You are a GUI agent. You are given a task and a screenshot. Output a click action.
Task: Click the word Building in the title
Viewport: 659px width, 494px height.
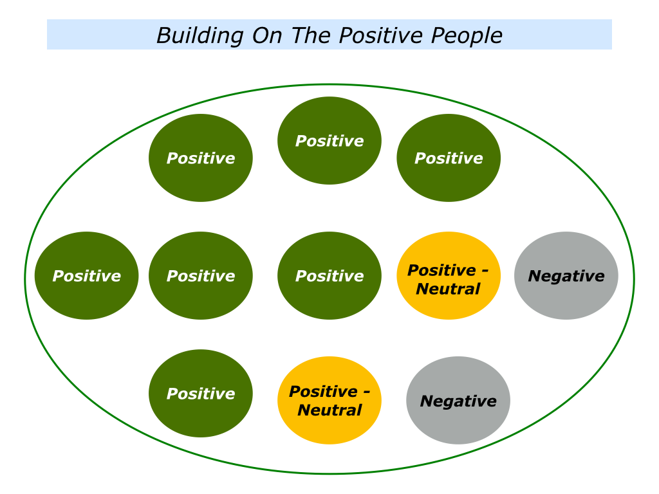[200, 36]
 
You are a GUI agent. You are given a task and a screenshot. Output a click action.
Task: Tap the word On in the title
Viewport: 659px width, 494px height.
[267, 36]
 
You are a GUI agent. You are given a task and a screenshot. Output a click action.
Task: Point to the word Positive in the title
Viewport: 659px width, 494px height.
[380, 35]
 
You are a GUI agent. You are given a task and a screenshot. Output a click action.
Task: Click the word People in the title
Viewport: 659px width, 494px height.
[467, 36]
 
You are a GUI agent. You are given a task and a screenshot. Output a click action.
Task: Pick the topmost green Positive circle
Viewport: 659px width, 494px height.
[329, 140]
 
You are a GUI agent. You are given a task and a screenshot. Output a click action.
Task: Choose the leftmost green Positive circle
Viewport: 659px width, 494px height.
[87, 275]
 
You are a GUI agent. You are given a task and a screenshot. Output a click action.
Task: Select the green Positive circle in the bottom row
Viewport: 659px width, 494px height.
[201, 393]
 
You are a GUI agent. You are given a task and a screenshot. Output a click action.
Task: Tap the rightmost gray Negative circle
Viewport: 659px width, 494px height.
[566, 275]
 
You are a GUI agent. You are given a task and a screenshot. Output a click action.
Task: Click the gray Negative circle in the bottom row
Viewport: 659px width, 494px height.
[458, 400]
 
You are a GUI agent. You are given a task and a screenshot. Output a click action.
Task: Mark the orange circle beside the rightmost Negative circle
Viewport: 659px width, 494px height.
[449, 275]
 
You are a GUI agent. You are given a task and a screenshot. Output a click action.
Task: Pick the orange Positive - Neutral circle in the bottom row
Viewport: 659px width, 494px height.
[329, 400]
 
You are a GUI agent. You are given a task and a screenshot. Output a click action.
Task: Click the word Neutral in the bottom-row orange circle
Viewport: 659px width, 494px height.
[329, 410]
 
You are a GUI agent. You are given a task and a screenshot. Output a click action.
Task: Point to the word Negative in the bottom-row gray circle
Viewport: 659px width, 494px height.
[458, 401]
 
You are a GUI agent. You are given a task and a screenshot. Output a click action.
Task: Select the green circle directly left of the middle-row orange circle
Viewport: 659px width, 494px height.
[329, 275]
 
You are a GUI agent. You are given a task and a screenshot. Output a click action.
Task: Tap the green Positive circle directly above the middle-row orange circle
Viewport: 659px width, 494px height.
[449, 158]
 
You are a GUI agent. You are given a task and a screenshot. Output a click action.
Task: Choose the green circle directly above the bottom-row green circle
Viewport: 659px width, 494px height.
[201, 275]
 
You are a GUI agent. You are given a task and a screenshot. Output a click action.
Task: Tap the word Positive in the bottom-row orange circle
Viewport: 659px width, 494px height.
[323, 392]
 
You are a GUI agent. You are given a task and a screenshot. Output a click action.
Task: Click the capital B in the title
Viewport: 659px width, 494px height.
[164, 36]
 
